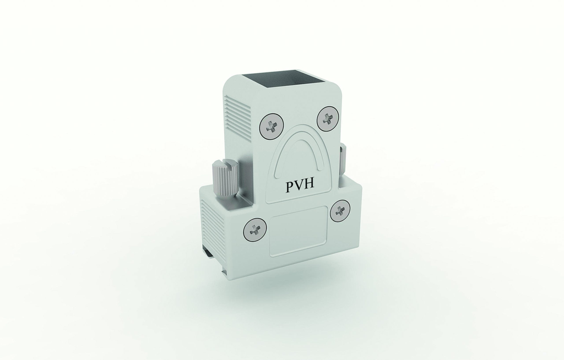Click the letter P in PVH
[x=290, y=186]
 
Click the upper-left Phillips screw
[x=271, y=127]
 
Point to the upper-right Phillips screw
[x=328, y=118]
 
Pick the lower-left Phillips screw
[x=255, y=230]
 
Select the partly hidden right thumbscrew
[x=343, y=160]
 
